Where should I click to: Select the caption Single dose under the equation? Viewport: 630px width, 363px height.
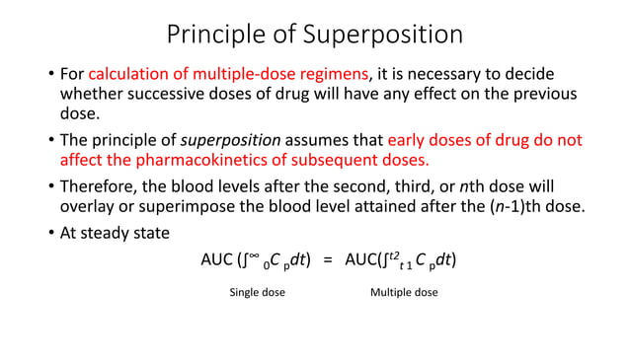click(x=257, y=293)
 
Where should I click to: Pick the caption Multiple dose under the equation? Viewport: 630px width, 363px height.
click(x=403, y=293)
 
